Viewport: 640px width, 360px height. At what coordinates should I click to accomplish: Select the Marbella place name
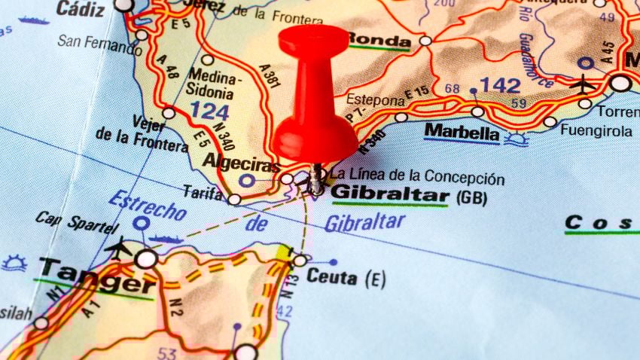[462, 133]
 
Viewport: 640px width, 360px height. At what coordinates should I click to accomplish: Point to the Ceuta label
[331, 277]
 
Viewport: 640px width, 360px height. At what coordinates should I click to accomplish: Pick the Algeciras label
[240, 163]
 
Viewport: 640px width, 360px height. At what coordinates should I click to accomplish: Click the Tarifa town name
[203, 193]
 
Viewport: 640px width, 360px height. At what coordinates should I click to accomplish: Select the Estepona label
[375, 99]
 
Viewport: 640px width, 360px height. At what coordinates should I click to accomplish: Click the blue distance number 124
[209, 111]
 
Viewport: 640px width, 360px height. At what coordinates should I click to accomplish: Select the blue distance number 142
[499, 84]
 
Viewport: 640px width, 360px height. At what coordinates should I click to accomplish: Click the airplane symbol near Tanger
[118, 246]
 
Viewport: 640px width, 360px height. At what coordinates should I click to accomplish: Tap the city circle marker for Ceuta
[300, 261]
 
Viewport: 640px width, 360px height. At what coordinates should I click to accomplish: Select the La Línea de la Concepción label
[417, 178]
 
